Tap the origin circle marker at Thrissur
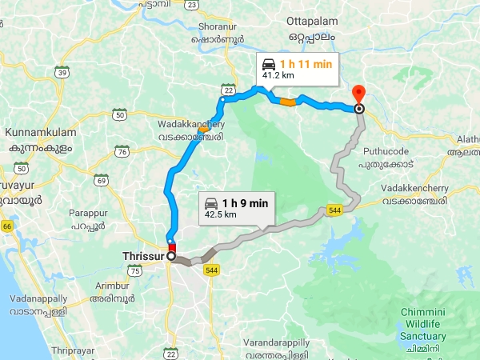(x=170, y=256)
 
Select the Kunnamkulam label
(x=38, y=130)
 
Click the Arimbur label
(x=111, y=286)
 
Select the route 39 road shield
(x=61, y=73)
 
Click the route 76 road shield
(x=122, y=151)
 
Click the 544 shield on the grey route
(x=334, y=210)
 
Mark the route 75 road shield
(x=135, y=270)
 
